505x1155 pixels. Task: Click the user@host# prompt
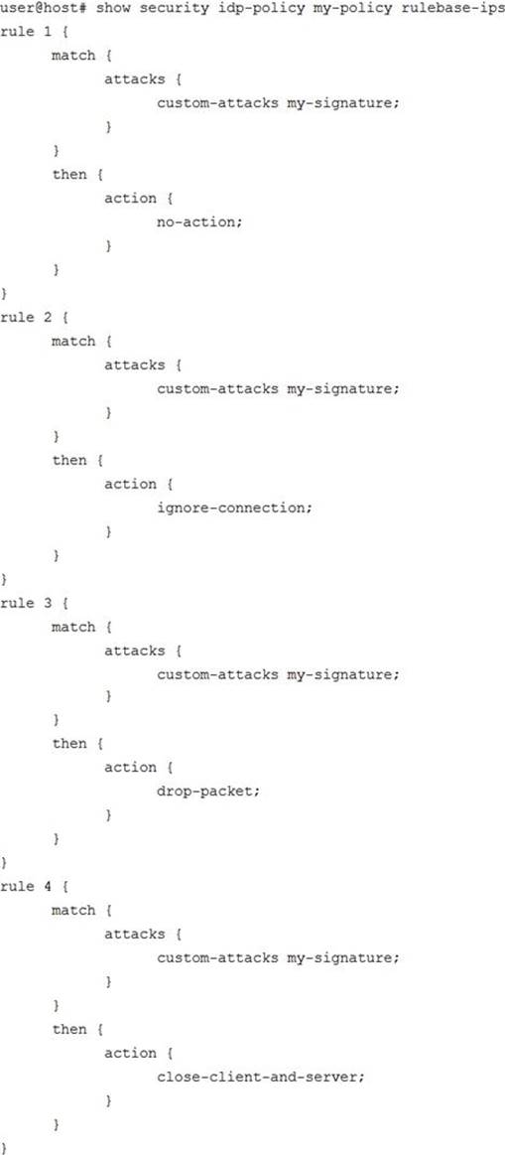tap(45, 8)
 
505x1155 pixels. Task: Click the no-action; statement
tap(198, 221)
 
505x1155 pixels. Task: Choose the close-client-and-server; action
tap(261, 1077)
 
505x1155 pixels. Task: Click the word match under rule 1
tap(73, 56)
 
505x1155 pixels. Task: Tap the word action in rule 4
tap(130, 1054)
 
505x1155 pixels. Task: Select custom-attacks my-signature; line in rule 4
tap(278, 958)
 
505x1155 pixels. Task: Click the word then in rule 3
tap(69, 744)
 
